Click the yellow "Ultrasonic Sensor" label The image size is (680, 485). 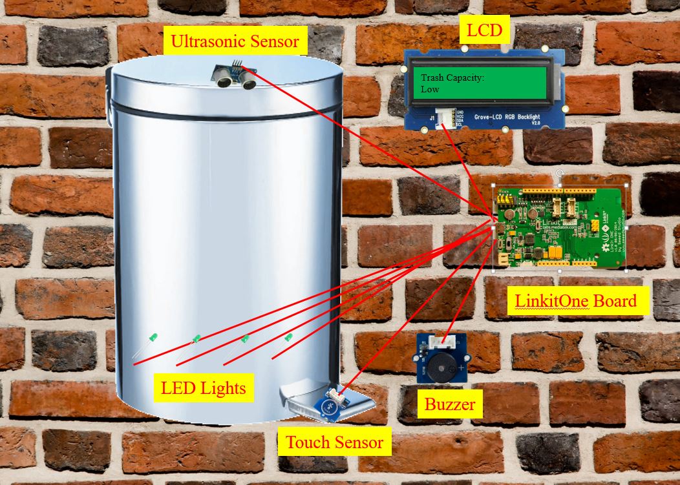pyautogui.click(x=234, y=42)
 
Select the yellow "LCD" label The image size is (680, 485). pyautogui.click(x=484, y=30)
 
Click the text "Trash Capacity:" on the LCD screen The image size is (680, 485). pyautogui.click(x=452, y=78)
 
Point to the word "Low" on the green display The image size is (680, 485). pyautogui.click(x=430, y=89)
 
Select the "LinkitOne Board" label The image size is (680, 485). pyautogui.click(x=576, y=300)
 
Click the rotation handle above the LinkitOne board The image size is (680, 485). pyautogui.click(x=560, y=174)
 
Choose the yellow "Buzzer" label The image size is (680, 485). pyautogui.click(x=449, y=405)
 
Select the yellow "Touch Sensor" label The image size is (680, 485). pyautogui.click(x=334, y=442)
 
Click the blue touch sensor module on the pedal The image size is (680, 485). pyautogui.click(x=330, y=406)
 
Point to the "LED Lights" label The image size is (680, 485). pyautogui.click(x=204, y=388)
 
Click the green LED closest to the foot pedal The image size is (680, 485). pyautogui.click(x=288, y=338)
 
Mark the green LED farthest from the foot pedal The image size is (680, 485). pyautogui.click(x=153, y=338)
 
